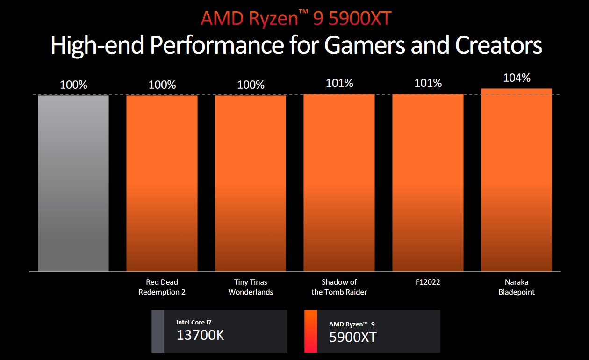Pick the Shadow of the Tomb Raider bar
pos(339,182)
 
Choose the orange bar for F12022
pos(428,182)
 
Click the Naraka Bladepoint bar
pos(517,180)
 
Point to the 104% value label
pos(517,78)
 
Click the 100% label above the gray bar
pos(73,85)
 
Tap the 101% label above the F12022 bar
pos(428,83)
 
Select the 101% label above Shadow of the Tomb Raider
pos(339,83)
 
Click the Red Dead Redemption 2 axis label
pos(162,287)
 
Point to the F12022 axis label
pos(428,282)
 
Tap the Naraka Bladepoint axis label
pos(517,287)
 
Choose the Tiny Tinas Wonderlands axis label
pos(251,287)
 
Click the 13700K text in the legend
pos(200,335)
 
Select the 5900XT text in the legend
pos(353,337)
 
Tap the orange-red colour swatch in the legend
pos(310,331)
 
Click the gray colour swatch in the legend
pos(158,331)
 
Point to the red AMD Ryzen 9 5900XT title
pos(296,18)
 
